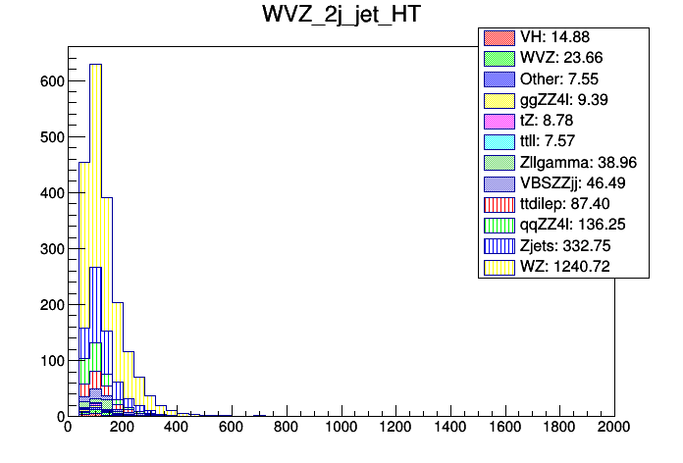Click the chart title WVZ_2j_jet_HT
tap(341, 17)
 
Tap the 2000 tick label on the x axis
tap(614, 429)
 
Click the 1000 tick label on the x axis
tap(341, 429)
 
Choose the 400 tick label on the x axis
tap(177, 429)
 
